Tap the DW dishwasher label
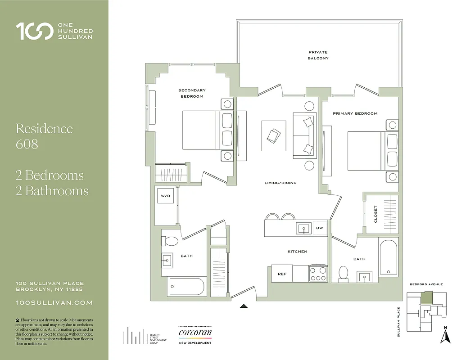[x=319, y=228]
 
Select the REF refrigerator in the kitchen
[x=282, y=274]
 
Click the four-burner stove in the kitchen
[x=318, y=274]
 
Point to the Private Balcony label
[x=318, y=55]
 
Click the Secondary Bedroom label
[x=192, y=93]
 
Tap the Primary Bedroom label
[x=355, y=113]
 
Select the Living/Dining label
[x=280, y=183]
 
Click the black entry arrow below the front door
[x=244, y=306]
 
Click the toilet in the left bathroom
[x=171, y=241]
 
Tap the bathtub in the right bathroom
[x=388, y=258]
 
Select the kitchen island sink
[x=304, y=228]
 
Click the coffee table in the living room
[x=274, y=136]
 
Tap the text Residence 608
[x=44, y=136]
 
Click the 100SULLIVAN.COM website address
[x=54, y=303]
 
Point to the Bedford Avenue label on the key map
[x=426, y=284]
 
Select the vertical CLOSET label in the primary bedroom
[x=376, y=214]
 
